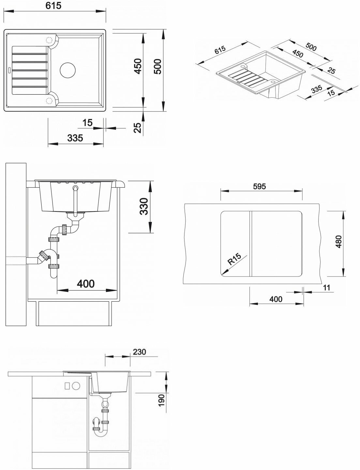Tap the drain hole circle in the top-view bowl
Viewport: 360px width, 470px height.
(68, 70)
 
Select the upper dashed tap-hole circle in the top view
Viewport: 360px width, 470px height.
(50, 40)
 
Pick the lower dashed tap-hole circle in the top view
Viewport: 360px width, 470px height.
(49, 100)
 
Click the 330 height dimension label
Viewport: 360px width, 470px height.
(144, 206)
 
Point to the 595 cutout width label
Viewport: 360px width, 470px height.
(260, 186)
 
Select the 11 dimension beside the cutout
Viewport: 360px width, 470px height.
(327, 288)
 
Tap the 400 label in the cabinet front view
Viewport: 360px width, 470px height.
(85, 283)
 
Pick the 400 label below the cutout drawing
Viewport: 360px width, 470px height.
(276, 299)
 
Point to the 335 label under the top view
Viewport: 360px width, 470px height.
(75, 138)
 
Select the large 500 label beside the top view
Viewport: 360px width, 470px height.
(158, 67)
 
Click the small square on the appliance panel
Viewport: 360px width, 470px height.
(67, 385)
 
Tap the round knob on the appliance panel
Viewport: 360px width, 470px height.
(76, 385)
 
